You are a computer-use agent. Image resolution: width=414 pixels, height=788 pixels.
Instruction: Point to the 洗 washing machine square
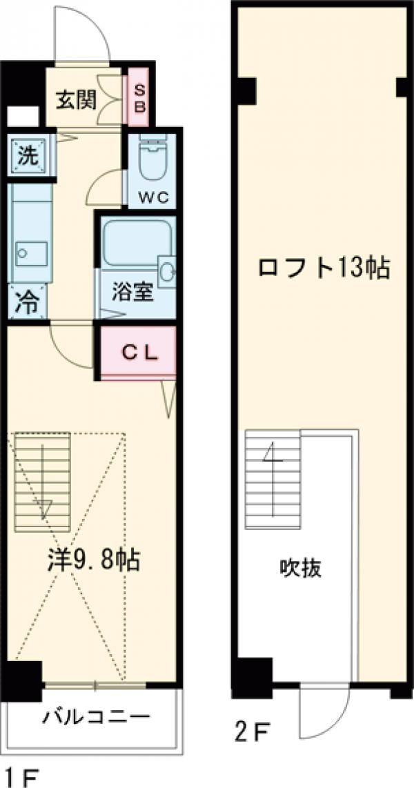(28, 155)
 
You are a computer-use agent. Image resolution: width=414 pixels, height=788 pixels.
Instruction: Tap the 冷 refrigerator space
(28, 302)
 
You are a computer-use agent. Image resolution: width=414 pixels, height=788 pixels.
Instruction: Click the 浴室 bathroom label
(132, 291)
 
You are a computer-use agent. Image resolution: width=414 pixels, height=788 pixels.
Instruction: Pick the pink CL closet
(140, 352)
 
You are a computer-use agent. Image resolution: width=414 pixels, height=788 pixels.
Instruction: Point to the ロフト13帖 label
(324, 267)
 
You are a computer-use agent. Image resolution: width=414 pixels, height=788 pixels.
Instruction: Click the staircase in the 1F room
(43, 475)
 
